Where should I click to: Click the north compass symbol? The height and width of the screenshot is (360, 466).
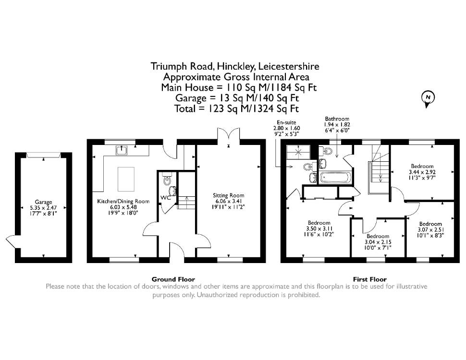click(x=428, y=98)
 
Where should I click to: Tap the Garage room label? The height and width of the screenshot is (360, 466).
click(x=43, y=202)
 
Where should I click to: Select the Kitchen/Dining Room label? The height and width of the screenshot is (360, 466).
click(x=123, y=202)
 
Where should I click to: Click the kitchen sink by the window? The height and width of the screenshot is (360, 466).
click(x=122, y=151)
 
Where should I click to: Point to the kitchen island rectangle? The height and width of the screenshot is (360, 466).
click(x=126, y=179)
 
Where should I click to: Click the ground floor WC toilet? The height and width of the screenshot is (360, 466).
click(x=167, y=179)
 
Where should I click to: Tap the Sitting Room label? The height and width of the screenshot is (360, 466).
click(x=229, y=195)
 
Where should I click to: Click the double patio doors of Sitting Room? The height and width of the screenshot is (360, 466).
click(x=229, y=134)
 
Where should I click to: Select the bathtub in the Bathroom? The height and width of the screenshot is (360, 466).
click(x=335, y=178)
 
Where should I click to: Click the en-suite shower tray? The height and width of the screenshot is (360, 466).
click(x=298, y=152)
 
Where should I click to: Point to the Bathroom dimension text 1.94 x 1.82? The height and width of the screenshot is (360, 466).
click(x=337, y=125)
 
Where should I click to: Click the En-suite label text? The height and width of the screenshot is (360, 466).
click(x=286, y=122)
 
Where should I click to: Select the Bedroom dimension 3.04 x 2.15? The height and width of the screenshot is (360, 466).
click(x=378, y=242)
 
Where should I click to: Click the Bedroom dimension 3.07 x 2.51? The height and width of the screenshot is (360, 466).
click(x=430, y=229)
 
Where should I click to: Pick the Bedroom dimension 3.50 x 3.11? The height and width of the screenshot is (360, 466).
click(x=319, y=228)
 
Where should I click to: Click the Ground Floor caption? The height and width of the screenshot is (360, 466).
click(x=173, y=279)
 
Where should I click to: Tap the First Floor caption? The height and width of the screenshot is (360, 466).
click(x=370, y=279)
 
